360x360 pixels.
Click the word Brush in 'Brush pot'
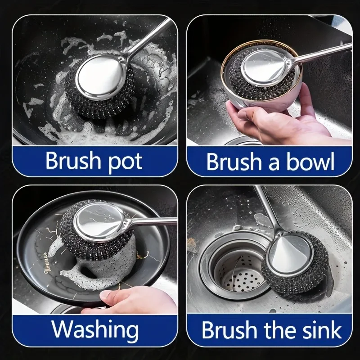(72, 161)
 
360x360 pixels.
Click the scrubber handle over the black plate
(153, 221)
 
